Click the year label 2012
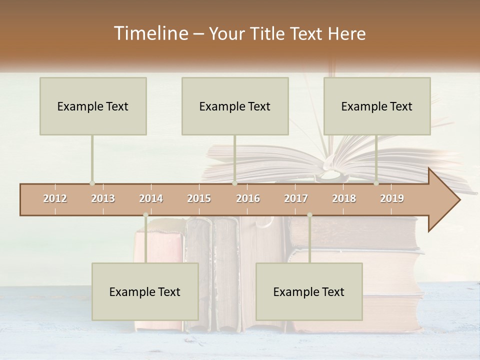[x=55, y=198]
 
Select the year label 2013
[x=103, y=198]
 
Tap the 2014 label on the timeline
[x=151, y=198]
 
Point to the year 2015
[x=199, y=198]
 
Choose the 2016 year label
[x=248, y=198]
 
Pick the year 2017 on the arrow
[x=296, y=198]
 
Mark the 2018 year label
[x=344, y=198]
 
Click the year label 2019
[x=392, y=198]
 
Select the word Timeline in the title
[x=150, y=33]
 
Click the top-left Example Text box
[x=93, y=106]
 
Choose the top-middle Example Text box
[x=235, y=106]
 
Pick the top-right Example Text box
[x=377, y=106]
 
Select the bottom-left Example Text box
[x=145, y=291]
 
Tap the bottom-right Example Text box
[x=309, y=291]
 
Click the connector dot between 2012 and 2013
[x=92, y=183]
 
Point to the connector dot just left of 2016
[x=234, y=183]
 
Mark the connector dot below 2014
[x=145, y=215]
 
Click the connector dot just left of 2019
[x=376, y=183]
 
